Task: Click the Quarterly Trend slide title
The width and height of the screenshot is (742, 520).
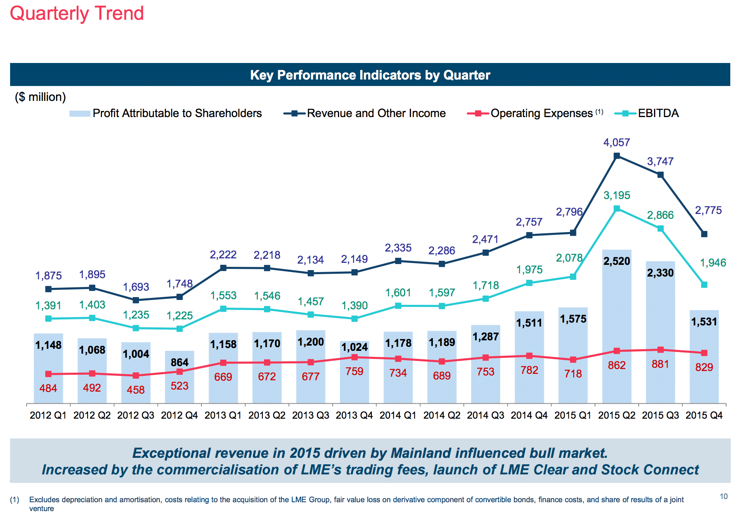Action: click(77, 13)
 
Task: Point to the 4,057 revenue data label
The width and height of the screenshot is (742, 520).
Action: click(616, 143)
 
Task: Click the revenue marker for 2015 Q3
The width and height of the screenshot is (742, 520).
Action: click(660, 175)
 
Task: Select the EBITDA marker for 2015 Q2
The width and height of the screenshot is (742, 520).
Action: click(617, 209)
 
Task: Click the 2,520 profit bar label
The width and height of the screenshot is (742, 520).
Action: click(616, 261)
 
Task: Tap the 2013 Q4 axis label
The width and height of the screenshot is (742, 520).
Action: click(354, 415)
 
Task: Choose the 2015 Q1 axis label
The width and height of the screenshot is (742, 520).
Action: click(573, 415)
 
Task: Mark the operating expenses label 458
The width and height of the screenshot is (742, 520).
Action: click(136, 390)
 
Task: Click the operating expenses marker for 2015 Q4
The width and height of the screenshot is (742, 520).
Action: click(704, 353)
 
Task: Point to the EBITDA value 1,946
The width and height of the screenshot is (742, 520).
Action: click(713, 263)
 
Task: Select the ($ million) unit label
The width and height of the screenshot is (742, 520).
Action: click(40, 97)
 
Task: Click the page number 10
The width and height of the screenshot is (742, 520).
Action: click(723, 497)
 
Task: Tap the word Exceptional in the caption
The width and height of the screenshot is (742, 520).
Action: click(170, 453)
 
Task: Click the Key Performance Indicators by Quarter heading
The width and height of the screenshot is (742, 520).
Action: click(370, 75)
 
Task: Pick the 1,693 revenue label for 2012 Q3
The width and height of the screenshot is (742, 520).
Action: click(136, 287)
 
